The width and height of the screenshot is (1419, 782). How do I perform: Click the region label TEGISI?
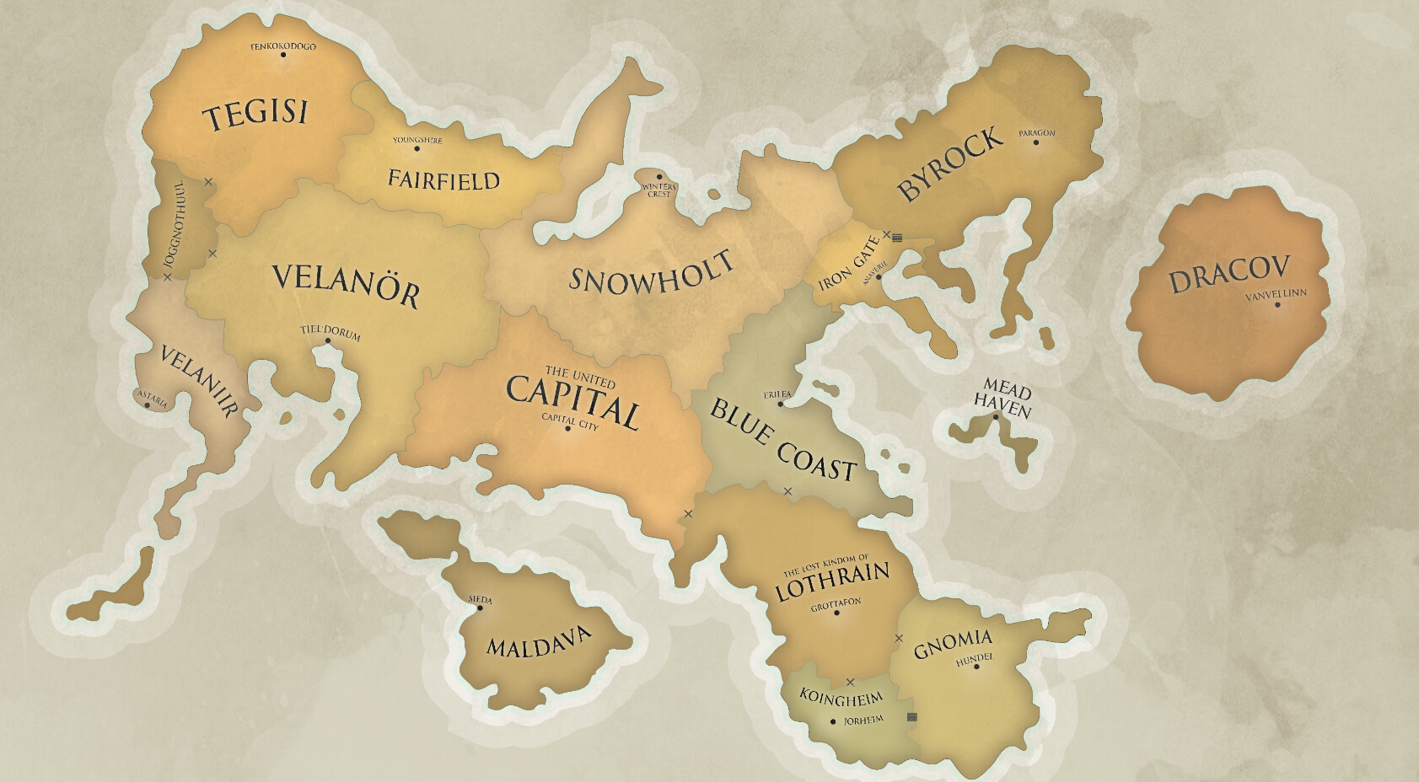click(257, 113)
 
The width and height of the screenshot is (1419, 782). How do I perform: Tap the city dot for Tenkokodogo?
click(283, 56)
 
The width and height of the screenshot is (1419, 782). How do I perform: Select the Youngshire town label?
click(417, 140)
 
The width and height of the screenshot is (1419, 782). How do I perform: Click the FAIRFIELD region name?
click(443, 179)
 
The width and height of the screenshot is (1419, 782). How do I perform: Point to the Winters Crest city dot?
click(659, 178)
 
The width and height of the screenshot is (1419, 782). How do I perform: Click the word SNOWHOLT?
click(651, 272)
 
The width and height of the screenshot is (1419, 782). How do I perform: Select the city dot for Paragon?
click(1036, 142)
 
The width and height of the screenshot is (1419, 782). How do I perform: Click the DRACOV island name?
click(1229, 272)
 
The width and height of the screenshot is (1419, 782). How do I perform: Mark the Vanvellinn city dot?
click(1277, 304)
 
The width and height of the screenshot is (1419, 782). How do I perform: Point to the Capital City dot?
click(568, 429)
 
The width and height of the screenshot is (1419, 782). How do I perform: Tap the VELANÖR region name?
click(346, 284)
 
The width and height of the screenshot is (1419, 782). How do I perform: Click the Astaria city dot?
click(148, 405)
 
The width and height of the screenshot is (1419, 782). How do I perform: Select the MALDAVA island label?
click(539, 642)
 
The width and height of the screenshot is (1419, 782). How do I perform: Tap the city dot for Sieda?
click(480, 608)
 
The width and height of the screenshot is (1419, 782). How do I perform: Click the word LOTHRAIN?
click(832, 581)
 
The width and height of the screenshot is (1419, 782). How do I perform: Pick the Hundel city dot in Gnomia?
click(976, 667)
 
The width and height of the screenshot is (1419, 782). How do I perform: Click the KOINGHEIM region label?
click(841, 699)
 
